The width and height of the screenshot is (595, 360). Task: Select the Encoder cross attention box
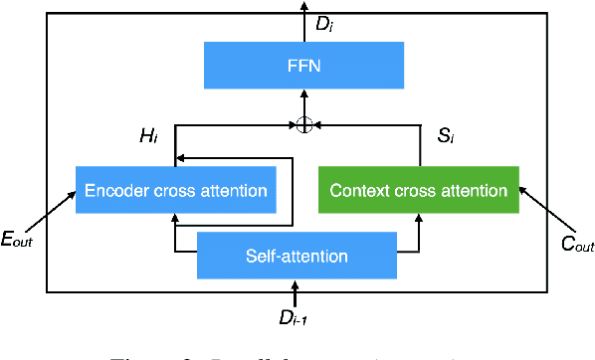coord(175,190)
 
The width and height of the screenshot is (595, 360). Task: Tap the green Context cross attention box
coord(418,190)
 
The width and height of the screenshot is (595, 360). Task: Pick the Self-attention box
coord(297,256)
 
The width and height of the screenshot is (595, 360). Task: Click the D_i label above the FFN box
coord(323,23)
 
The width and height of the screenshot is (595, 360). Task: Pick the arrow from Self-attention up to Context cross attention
coord(418,235)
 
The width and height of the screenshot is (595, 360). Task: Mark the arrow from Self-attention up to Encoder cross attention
coord(175,235)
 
